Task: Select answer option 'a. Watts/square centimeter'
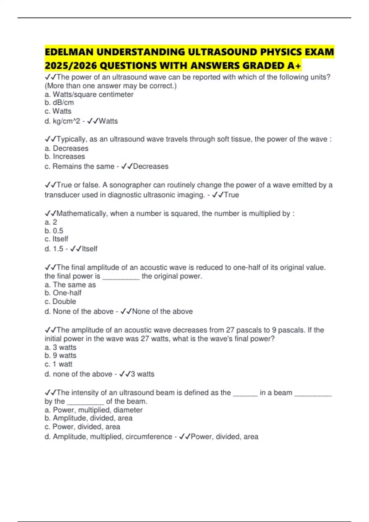(89, 95)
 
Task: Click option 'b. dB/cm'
(59, 103)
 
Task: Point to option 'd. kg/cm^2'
(62, 121)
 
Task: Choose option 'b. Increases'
(65, 157)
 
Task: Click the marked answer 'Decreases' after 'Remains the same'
(150, 166)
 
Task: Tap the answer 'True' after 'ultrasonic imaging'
(231, 195)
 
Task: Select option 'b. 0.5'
(54, 231)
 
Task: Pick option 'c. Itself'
(56, 239)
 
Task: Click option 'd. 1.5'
(54, 249)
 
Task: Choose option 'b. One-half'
(63, 293)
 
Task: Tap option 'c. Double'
(60, 302)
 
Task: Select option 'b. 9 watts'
(60, 356)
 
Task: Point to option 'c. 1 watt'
(58, 364)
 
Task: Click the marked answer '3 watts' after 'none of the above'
(142, 374)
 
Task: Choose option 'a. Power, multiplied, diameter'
(93, 410)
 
